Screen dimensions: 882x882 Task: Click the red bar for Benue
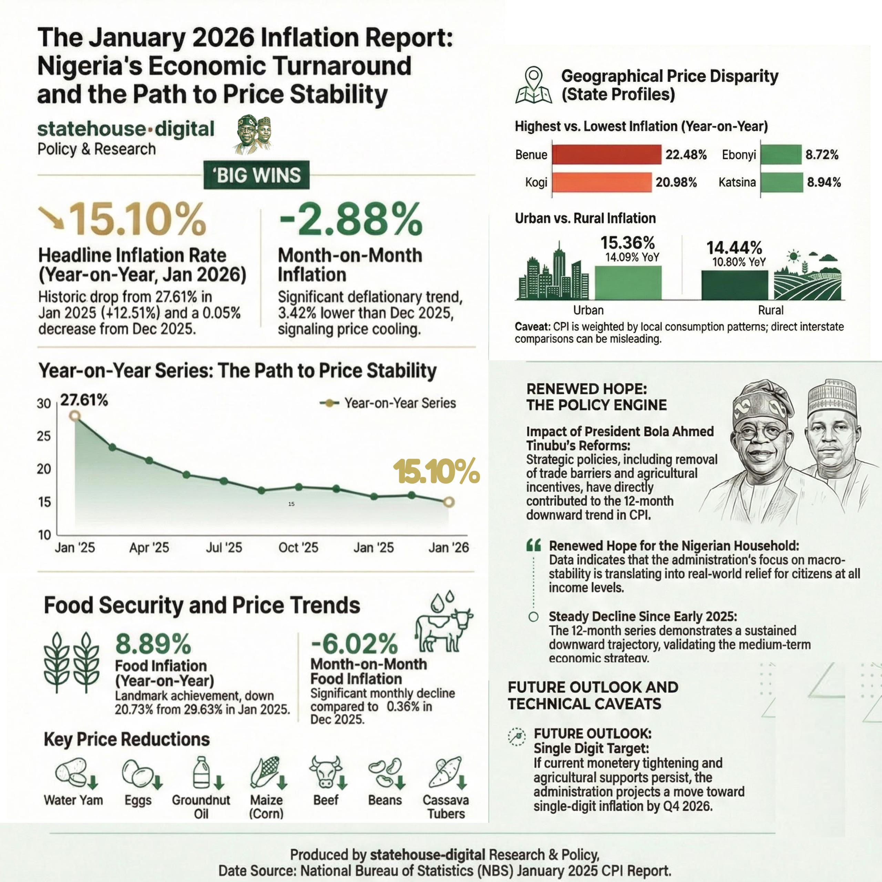pos(606,154)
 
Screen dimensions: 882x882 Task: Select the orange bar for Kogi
pos(602,182)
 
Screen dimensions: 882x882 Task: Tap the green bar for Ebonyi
pos(781,154)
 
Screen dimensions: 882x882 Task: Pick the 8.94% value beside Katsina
pos(823,182)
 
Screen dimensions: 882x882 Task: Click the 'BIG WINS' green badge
pos(257,175)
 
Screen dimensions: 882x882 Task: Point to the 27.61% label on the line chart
pos(84,400)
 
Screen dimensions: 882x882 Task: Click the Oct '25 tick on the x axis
pos(298,547)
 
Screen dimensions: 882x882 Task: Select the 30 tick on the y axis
pos(44,403)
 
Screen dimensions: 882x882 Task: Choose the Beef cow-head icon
pos(326,771)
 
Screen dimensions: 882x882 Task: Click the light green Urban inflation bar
pos(628,283)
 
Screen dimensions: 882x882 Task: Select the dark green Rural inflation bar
pos(734,285)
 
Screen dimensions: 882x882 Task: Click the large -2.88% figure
pos(351,220)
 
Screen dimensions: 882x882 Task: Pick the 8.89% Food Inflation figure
pos(153,644)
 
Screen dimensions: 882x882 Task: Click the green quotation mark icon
pos(534,545)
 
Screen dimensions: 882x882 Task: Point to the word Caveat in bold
pos(532,327)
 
